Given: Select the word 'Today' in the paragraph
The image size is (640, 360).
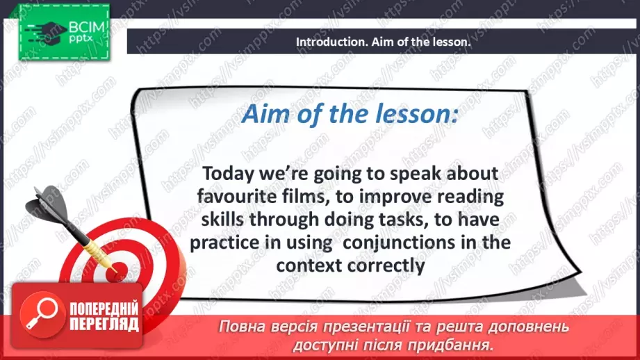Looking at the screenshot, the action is click(x=228, y=174).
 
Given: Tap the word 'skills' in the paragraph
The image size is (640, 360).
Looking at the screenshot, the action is click(x=222, y=220).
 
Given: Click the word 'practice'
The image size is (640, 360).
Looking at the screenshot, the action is click(x=224, y=243).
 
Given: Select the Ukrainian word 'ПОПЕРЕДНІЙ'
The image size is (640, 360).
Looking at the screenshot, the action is click(x=104, y=308).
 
